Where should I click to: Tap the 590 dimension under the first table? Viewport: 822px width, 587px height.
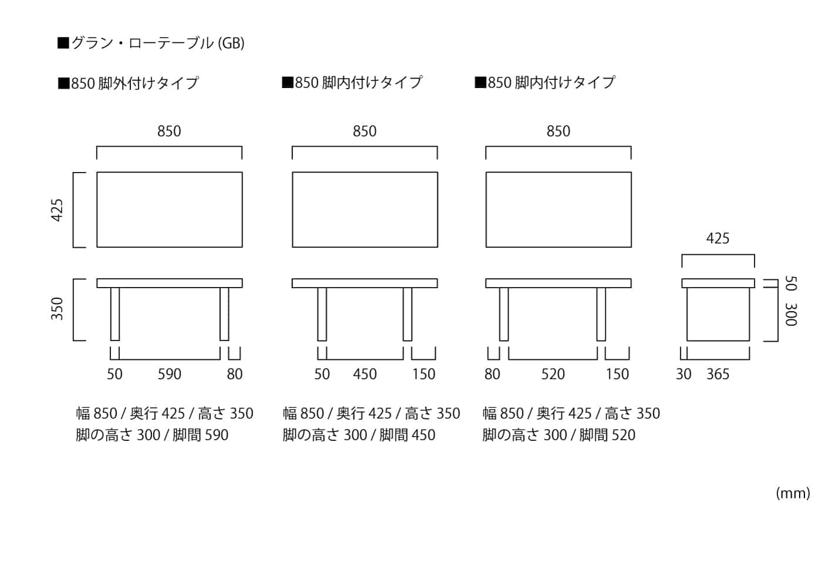click(170, 375)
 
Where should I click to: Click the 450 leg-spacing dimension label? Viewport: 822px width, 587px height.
click(365, 375)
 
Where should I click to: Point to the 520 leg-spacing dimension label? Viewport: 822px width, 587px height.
click(553, 375)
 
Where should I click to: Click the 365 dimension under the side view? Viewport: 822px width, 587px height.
click(718, 375)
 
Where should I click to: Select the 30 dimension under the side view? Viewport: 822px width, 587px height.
click(683, 375)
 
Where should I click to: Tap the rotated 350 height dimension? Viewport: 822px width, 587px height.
click(57, 309)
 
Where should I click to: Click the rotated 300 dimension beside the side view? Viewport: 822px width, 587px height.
click(791, 314)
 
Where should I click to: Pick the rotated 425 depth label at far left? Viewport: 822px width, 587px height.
click(57, 210)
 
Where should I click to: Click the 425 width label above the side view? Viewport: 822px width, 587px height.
click(717, 238)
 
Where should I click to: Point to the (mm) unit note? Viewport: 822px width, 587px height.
click(793, 493)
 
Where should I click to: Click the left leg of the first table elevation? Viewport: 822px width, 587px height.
click(115, 314)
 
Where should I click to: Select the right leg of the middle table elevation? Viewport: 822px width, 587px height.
click(407, 314)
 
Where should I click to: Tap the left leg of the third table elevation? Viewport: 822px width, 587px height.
click(504, 314)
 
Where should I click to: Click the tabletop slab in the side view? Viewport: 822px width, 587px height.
click(718, 283)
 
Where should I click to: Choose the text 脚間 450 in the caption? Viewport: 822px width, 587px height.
click(407, 435)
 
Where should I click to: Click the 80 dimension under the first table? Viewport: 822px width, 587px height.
click(235, 375)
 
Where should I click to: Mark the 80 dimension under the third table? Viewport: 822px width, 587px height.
click(492, 375)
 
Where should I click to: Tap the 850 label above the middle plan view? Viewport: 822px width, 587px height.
click(365, 131)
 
